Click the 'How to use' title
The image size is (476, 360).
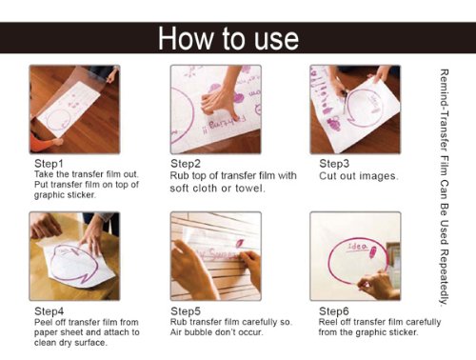[228, 38]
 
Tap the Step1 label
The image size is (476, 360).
[49, 164]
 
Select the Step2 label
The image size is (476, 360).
[186, 164]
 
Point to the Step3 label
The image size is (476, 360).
[334, 164]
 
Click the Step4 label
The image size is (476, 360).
[50, 311]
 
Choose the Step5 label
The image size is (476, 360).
[186, 311]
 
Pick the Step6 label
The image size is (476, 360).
[334, 311]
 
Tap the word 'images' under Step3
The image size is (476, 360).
[379, 176]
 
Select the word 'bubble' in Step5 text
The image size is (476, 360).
[200, 332]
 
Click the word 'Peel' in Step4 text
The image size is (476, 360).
[43, 322]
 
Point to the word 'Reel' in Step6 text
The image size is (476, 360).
[327, 322]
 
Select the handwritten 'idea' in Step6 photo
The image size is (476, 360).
[358, 247]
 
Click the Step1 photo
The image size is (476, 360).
[74, 110]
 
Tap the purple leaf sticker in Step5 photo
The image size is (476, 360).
[239, 243]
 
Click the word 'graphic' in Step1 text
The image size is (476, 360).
[48, 195]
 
